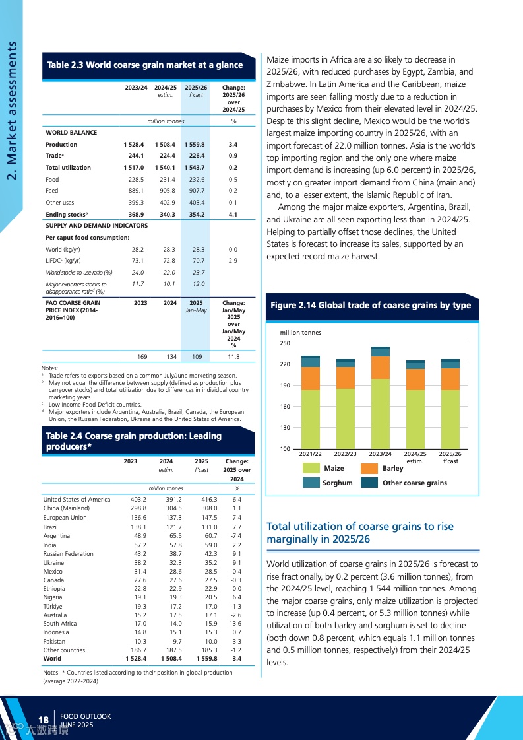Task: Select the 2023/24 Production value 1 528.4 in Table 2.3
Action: pos(134,144)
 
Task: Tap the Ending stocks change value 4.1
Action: pos(233,215)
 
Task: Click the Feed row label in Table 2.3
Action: pos(52,191)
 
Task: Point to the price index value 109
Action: pos(197,356)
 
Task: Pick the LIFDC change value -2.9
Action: pos(231,261)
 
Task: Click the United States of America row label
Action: pos(77,500)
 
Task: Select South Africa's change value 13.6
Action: pos(235,623)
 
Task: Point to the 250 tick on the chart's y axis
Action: pos(285,343)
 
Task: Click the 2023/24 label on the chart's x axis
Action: pos(381,454)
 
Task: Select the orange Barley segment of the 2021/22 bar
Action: pos(311,378)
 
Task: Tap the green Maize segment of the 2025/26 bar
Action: pos(450,419)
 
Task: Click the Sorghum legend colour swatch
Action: pos(311,483)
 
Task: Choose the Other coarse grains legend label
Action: pos(415,483)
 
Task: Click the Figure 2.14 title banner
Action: pos(371,306)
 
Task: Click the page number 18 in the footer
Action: pos(44,720)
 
